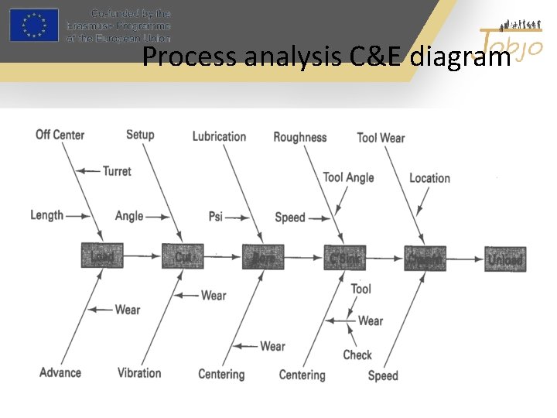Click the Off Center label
click(60, 135)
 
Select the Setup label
click(140, 135)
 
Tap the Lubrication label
click(219, 136)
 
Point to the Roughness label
click(299, 137)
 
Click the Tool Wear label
click(381, 138)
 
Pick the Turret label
click(117, 171)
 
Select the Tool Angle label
click(348, 177)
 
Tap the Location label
click(429, 178)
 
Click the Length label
click(46, 214)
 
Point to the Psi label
click(215, 217)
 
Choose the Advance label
click(60, 372)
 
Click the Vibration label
click(139, 372)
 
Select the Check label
click(357, 355)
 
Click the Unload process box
click(505, 259)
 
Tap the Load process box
click(102, 255)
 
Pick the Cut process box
click(183, 255)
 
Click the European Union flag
click(33, 25)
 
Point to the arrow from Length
click(76, 215)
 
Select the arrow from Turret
click(91, 171)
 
